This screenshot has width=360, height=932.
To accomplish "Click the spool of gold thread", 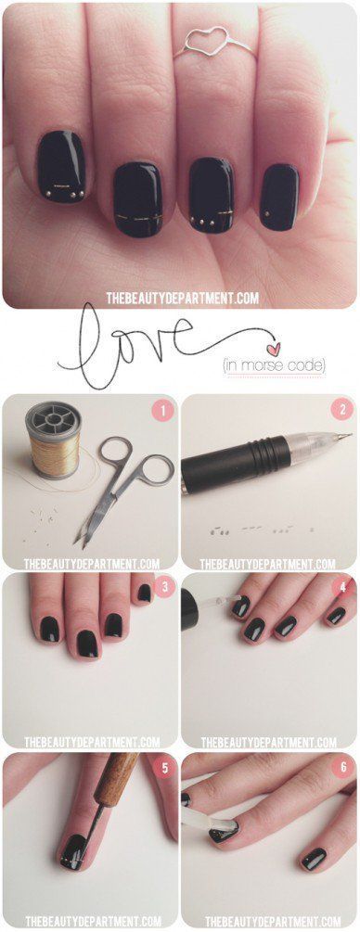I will click(x=52, y=440).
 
